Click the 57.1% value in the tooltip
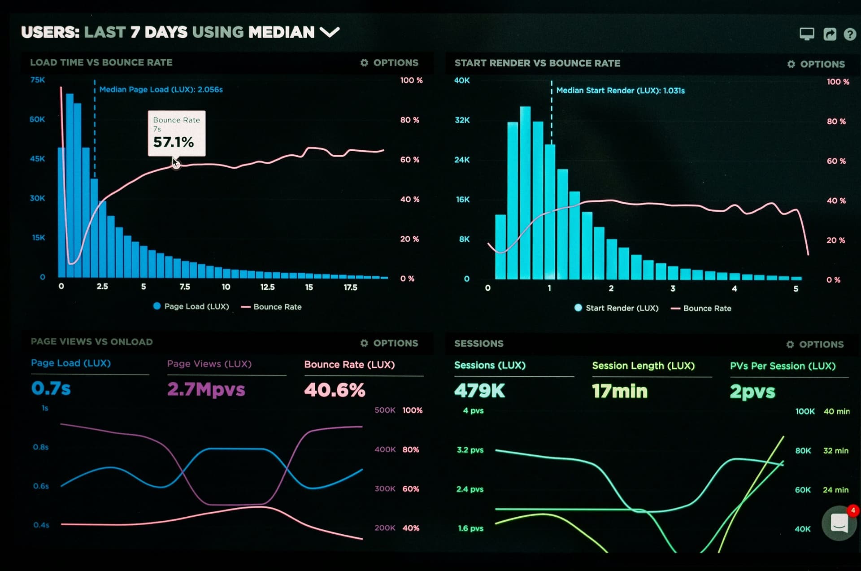[x=174, y=142]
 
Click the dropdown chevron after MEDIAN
[x=330, y=32]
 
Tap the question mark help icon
[x=849, y=34]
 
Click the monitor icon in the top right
[x=807, y=34]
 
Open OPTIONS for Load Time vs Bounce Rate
[x=389, y=63]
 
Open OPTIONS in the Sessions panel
[x=815, y=344]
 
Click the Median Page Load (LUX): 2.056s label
[x=161, y=90]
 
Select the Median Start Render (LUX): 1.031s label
[x=620, y=91]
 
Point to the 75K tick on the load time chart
[x=38, y=80]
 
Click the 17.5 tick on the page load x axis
[x=350, y=287]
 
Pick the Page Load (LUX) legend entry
[x=191, y=306]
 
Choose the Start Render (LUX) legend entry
[x=617, y=308]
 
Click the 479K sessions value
[x=479, y=391]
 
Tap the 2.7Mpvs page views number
[x=206, y=389]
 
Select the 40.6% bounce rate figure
[x=335, y=390]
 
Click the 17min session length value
[x=620, y=391]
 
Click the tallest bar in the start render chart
[x=525, y=193]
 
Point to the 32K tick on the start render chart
[x=462, y=120]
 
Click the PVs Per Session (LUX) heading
[x=783, y=366]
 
